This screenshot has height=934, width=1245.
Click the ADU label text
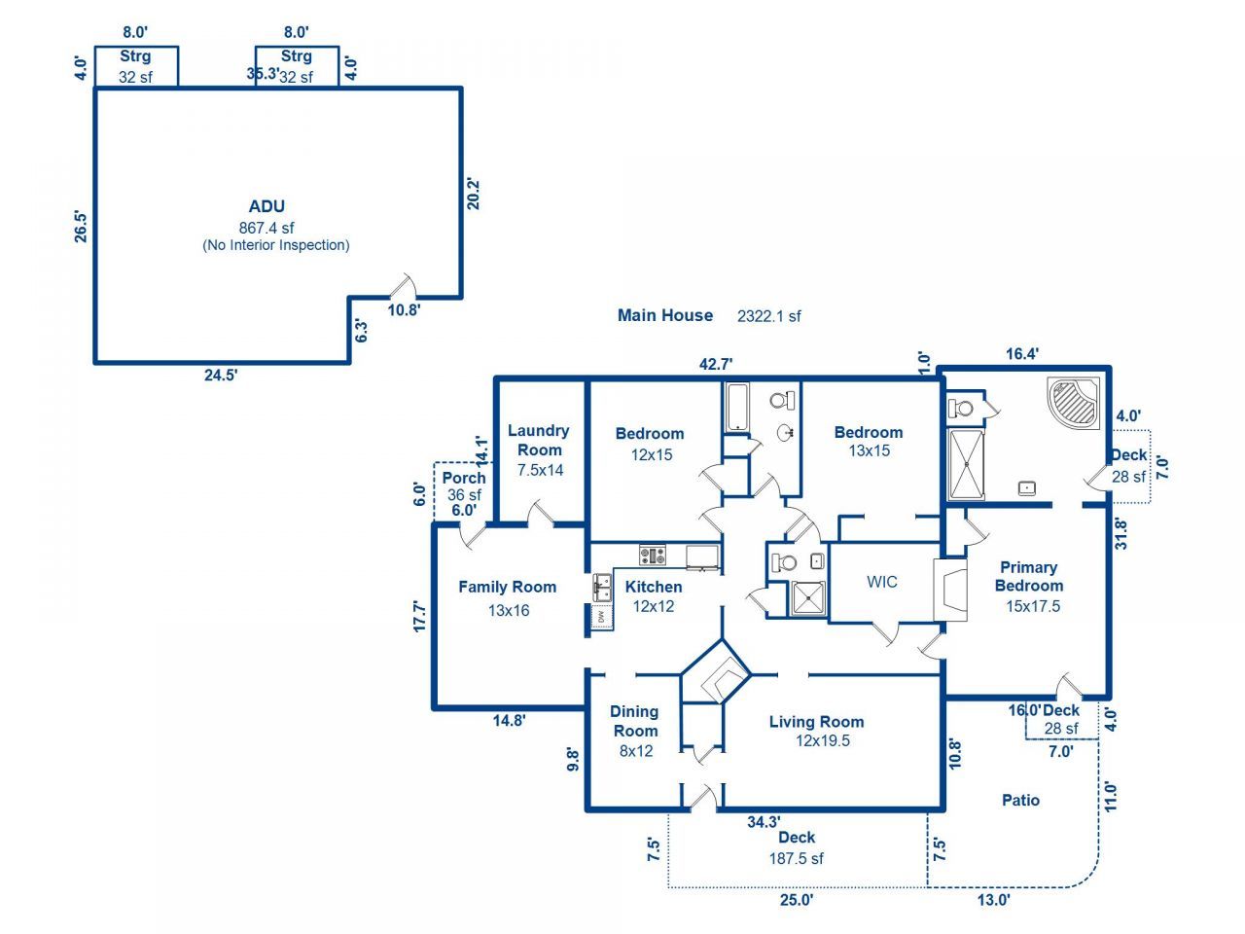point(267,206)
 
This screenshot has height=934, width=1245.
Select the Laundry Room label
point(539,440)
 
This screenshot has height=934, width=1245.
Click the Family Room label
point(507,587)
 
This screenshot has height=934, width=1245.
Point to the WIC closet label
point(881,582)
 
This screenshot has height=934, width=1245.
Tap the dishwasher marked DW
point(602,616)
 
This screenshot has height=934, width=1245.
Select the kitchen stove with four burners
point(653,556)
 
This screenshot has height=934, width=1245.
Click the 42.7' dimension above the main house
point(716,364)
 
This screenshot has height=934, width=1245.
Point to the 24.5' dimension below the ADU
point(221,376)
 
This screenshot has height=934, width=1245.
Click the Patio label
point(1020,800)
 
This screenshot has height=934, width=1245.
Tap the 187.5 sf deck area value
point(796,858)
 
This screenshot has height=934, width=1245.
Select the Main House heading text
point(665,315)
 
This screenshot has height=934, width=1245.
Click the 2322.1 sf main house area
point(769,316)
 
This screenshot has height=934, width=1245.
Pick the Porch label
point(463,478)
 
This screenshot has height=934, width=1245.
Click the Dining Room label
point(634,721)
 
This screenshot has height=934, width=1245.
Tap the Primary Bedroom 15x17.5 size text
point(1033,606)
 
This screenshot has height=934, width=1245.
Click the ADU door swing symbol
point(403,287)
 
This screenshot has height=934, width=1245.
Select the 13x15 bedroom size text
point(869,450)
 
